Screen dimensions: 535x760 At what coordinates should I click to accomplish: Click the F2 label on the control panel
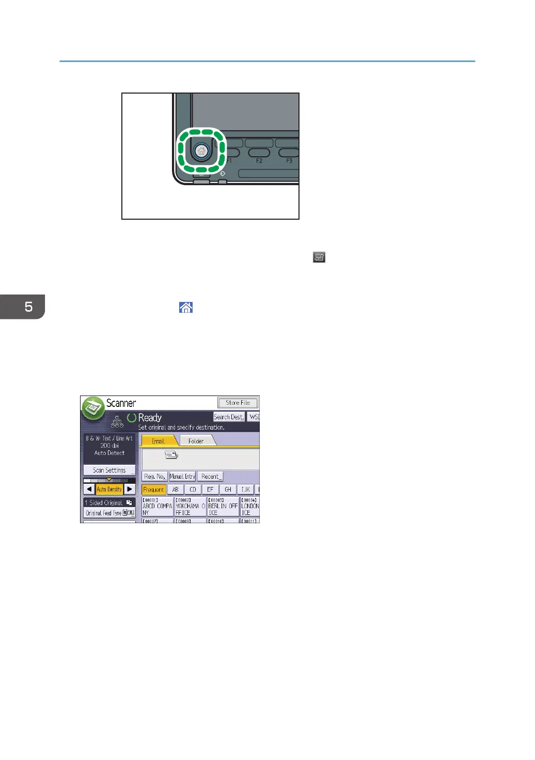coord(259,161)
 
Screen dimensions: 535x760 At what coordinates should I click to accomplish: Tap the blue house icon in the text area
coord(186,308)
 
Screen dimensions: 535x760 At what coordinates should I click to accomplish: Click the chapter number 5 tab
coord(23,307)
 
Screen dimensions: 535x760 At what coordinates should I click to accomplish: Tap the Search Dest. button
coord(229,417)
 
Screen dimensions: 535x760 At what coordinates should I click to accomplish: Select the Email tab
coord(158,441)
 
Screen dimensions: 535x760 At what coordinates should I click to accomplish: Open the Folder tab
coord(196,441)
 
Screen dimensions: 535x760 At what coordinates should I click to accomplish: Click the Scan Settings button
coord(109,470)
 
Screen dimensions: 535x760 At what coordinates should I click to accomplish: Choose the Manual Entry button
coord(182,476)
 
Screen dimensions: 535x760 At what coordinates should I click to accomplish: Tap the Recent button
coord(210,476)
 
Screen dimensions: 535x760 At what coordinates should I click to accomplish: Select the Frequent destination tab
coord(153,489)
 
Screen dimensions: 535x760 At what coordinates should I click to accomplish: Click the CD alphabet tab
coord(193,489)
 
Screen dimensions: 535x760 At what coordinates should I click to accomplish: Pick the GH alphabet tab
coord(228,489)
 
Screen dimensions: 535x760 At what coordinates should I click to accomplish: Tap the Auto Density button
coord(109,489)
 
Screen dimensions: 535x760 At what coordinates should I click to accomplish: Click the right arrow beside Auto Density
coord(130,489)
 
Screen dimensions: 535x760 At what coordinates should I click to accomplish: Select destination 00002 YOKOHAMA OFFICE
coord(190,507)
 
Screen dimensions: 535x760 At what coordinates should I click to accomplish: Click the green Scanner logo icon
coord(93,408)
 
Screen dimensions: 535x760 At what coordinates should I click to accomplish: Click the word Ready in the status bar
coord(150,418)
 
